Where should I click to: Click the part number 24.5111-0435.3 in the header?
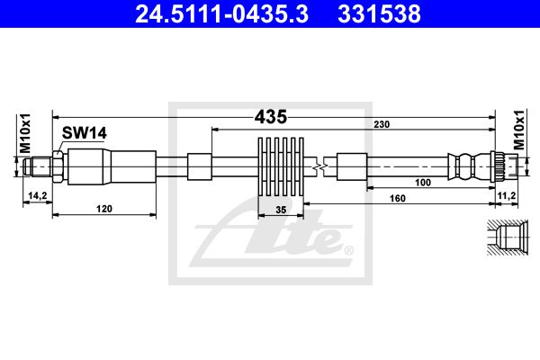point(221,14)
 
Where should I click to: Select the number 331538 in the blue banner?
point(379,14)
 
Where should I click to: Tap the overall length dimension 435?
point(271,117)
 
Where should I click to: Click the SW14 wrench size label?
point(85,133)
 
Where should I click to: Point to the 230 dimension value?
point(382,124)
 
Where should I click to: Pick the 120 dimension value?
point(104,209)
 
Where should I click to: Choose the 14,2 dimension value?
point(38,196)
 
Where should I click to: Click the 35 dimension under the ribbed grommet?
point(281,210)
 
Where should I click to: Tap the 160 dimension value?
point(398,198)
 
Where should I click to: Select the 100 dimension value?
point(423,182)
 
